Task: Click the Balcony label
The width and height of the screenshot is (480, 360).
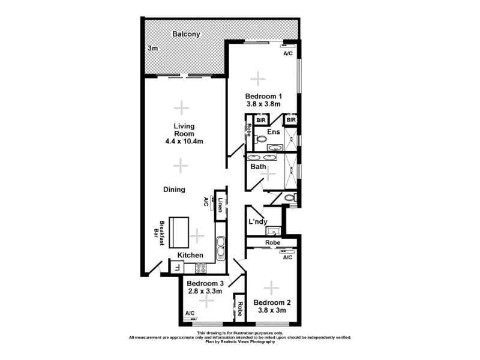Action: (186, 34)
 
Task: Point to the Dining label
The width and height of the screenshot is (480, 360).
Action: (174, 190)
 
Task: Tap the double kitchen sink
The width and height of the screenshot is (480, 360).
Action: (220, 247)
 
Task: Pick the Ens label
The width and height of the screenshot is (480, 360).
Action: (274, 131)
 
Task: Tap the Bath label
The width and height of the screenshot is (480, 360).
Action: (258, 167)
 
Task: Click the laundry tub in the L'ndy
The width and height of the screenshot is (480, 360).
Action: (273, 230)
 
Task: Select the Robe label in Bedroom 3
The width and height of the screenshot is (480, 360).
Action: (239, 308)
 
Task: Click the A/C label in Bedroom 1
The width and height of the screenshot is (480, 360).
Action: (287, 53)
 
